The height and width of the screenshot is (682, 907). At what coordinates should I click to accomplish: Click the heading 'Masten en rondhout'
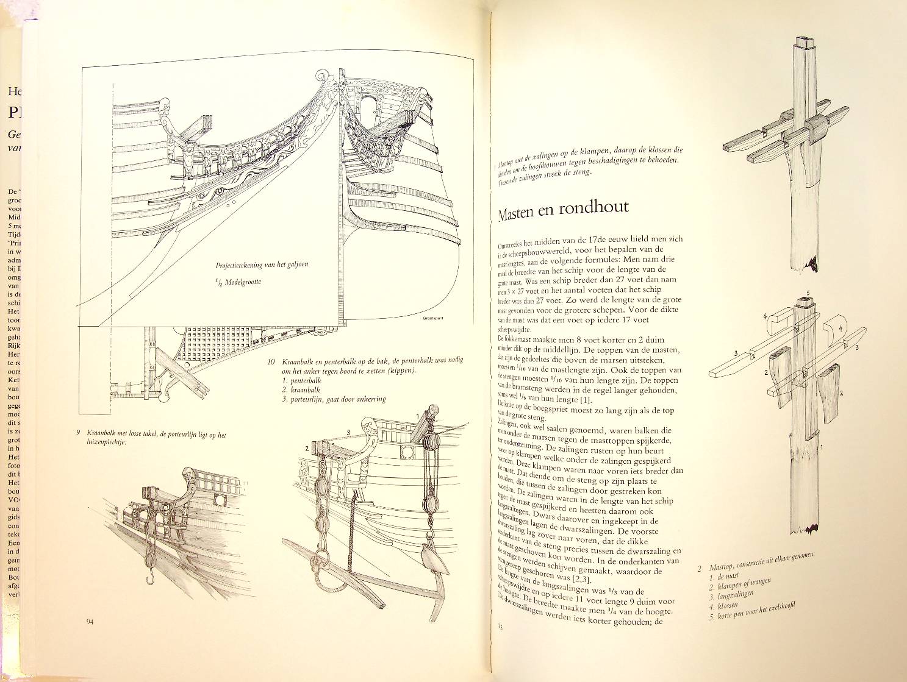point(563,211)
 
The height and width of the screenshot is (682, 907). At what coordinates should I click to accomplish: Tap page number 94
point(90,622)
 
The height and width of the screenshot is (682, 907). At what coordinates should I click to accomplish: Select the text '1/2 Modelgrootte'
point(239,282)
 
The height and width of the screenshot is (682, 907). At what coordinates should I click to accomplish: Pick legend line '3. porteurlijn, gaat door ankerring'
point(334,400)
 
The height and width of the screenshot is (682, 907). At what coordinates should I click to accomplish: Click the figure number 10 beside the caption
point(271,361)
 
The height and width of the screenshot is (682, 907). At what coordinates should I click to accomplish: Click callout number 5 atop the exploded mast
point(808,293)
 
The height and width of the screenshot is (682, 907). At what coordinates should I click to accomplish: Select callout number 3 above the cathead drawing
point(348,432)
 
